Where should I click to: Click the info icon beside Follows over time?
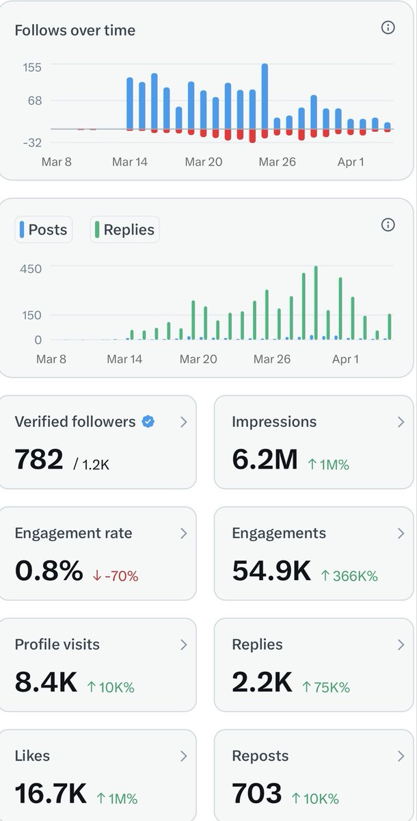tap(388, 28)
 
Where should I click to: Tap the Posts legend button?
tap(44, 230)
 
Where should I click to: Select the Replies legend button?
tap(124, 230)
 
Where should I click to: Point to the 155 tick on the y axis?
tap(32, 67)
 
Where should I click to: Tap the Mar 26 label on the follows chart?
tap(278, 162)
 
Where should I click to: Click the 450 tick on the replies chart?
tap(31, 269)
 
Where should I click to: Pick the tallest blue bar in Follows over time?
tap(265, 96)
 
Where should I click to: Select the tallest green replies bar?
tap(316, 302)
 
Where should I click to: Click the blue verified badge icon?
tap(148, 422)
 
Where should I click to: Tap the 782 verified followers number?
tap(39, 460)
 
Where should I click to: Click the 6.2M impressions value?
tap(265, 460)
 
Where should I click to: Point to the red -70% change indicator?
tap(116, 576)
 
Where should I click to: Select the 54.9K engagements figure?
tap(271, 571)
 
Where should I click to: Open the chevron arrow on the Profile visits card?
tap(183, 644)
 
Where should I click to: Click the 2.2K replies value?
tap(263, 682)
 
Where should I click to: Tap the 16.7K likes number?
tap(51, 794)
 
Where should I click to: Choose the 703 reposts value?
tap(257, 794)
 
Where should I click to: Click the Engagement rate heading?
tap(73, 533)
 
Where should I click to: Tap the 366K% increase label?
tap(349, 576)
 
